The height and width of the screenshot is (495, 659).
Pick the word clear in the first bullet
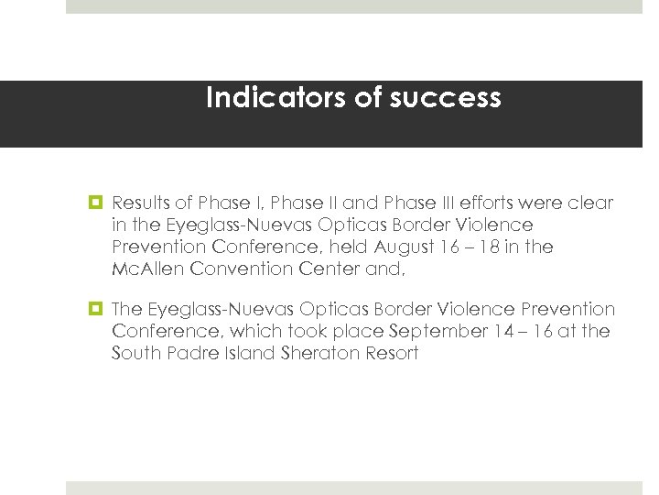589,203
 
